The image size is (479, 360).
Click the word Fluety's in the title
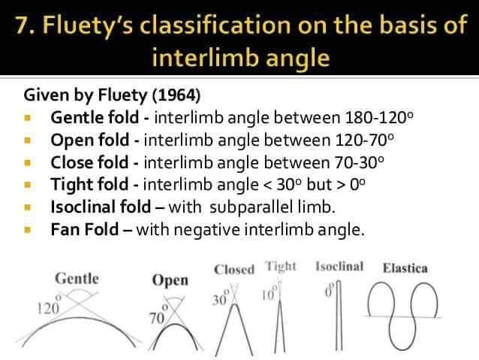point(89,25)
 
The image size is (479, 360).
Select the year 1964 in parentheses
point(176,95)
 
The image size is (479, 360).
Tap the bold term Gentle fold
point(95,117)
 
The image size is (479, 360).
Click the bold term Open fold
point(89,140)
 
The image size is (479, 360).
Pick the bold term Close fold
point(89,162)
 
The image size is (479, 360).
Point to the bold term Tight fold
point(89,184)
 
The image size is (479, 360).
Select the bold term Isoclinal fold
point(101,207)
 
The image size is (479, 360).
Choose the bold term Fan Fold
point(85,229)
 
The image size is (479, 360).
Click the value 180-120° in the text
point(379,117)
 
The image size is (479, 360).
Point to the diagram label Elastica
point(405,268)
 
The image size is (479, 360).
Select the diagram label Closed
point(234,270)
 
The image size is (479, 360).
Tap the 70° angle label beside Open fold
point(158,316)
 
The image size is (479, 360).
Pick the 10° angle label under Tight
point(270,294)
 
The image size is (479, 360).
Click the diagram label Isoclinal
point(339,266)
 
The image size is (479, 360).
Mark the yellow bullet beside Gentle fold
point(28,118)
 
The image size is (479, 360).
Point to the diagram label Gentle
point(77,279)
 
